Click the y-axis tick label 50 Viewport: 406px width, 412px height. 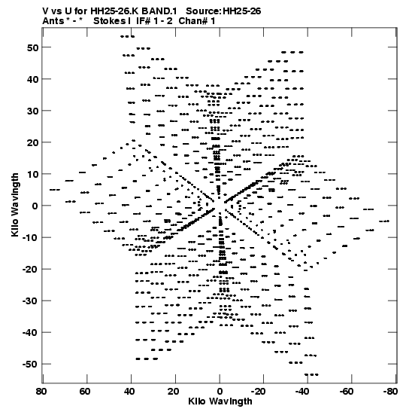pyautogui.click(x=33, y=47)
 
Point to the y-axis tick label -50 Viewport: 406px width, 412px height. pyautogui.click(x=31, y=365)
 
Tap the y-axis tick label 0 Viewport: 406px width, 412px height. pyautogui.click(x=35, y=206)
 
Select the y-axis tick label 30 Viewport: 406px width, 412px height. pyautogui.click(x=33, y=111)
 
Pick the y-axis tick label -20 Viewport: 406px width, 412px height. pyautogui.click(x=31, y=270)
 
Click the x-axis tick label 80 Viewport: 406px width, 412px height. pyautogui.click(x=41, y=392)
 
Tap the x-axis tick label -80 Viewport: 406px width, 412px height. pyautogui.click(x=390, y=392)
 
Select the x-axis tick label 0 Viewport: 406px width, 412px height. pyautogui.click(x=220, y=392)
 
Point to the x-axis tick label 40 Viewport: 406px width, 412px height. pyautogui.click(x=129, y=392)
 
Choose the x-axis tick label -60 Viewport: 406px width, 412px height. pyautogui.click(x=347, y=392)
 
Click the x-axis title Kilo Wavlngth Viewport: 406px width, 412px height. pyautogui.click(x=220, y=401)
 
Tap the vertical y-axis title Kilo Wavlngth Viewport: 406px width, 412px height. pyautogui.click(x=15, y=205)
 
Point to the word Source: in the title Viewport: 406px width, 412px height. pyautogui.click(x=204, y=11)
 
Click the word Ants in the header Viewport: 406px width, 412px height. pyautogui.click(x=53, y=21)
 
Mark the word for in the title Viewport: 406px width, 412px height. pyautogui.click(x=83, y=11)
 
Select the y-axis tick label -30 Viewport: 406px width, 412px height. pyautogui.click(x=31, y=301)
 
